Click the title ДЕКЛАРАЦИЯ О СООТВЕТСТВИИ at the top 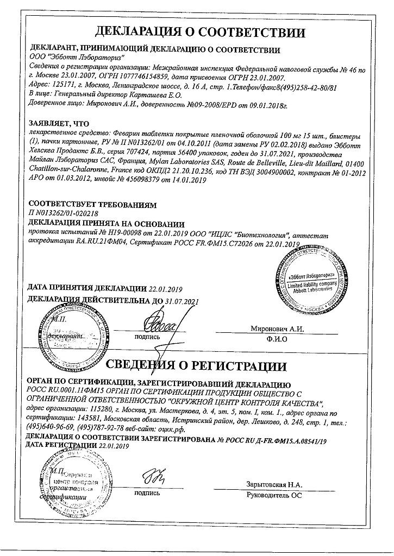pyautogui.click(x=196, y=28)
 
